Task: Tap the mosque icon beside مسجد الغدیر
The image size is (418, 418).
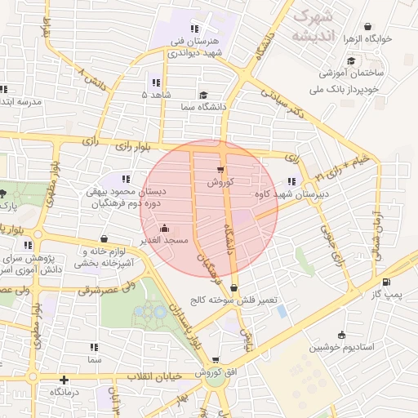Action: click(x=166, y=228)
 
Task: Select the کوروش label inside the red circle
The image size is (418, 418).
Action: click(x=220, y=183)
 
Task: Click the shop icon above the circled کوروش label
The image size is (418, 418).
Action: click(x=220, y=170)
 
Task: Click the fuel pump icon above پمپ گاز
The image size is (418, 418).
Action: click(x=386, y=283)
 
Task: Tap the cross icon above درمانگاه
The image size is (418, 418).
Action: click(x=64, y=380)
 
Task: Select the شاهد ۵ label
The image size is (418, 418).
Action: click(x=156, y=96)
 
